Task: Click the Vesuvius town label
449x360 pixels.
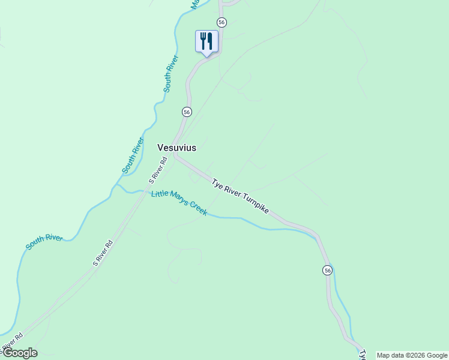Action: pyautogui.click(x=176, y=147)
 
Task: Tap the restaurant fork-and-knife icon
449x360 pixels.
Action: pyautogui.click(x=206, y=41)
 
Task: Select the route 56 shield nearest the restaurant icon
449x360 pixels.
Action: pyautogui.click(x=221, y=22)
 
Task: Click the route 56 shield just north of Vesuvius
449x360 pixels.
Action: pyautogui.click(x=187, y=112)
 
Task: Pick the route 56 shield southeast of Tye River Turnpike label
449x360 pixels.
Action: pyautogui.click(x=327, y=270)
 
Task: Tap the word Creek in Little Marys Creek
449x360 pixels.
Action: pyautogui.click(x=197, y=209)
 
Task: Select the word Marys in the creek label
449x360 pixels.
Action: pyautogui.click(x=178, y=200)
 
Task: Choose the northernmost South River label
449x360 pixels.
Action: pyautogui.click(x=171, y=73)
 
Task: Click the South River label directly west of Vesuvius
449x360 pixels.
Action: pyautogui.click(x=133, y=156)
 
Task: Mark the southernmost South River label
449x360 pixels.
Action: pyautogui.click(x=44, y=242)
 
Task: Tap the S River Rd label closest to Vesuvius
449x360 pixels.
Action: pyautogui.click(x=157, y=170)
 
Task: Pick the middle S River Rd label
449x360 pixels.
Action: pyautogui.click(x=103, y=253)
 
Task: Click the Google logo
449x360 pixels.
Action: pyautogui.click(x=19, y=353)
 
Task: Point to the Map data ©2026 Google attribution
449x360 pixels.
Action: pyautogui.click(x=412, y=355)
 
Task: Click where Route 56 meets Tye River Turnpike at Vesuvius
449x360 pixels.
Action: pyautogui.click(x=175, y=155)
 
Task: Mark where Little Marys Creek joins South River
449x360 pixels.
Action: pyautogui.click(x=116, y=185)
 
